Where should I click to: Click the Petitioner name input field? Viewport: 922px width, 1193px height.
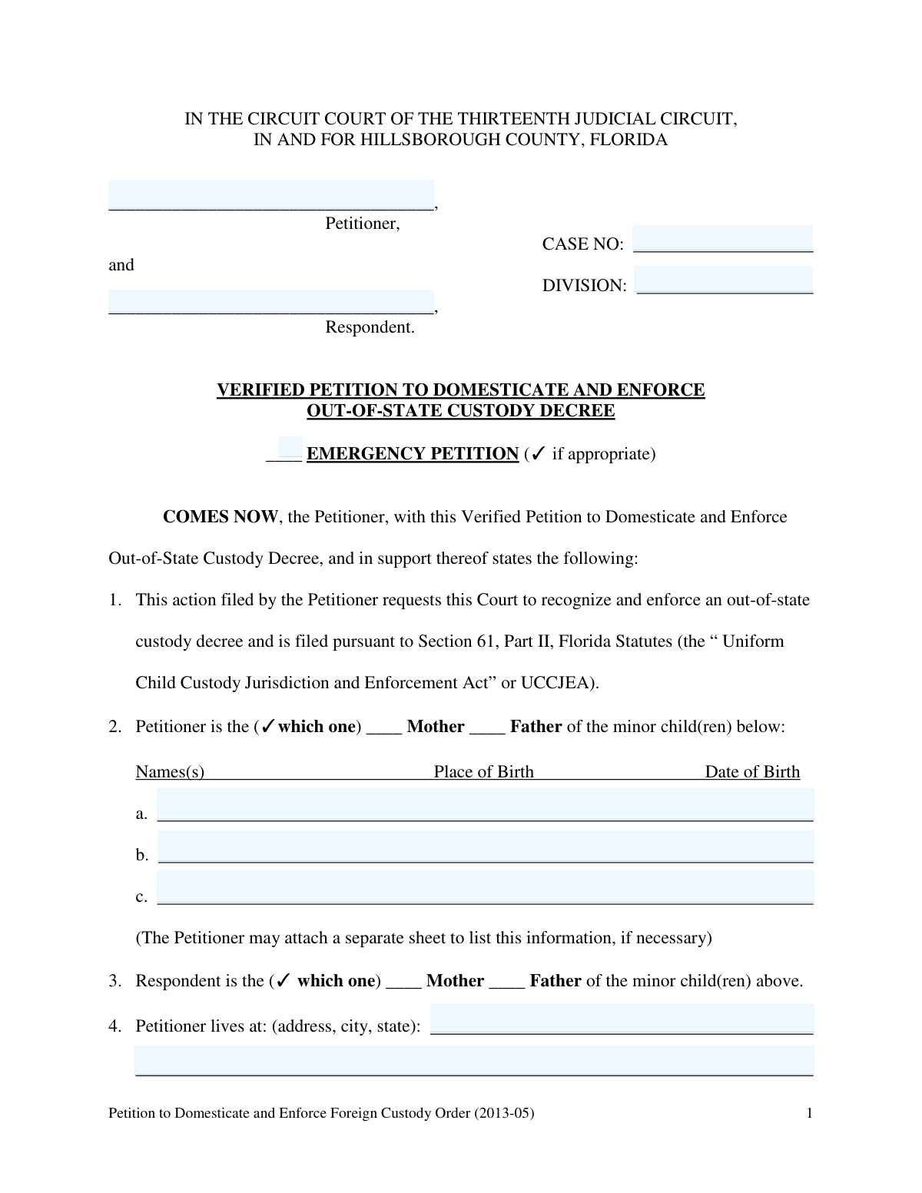point(271,195)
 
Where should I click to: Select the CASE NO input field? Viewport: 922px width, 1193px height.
point(722,239)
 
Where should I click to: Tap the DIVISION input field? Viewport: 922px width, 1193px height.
point(724,280)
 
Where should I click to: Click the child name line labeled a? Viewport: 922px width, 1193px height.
point(485,806)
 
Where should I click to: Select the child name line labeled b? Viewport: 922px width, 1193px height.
point(485,847)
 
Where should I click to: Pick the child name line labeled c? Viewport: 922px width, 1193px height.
point(485,889)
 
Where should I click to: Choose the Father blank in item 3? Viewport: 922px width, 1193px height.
point(507,982)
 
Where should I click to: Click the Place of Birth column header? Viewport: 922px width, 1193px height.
point(483,772)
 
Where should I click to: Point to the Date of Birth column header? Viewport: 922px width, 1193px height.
point(752,772)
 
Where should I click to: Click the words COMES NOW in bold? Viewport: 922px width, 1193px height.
point(220,517)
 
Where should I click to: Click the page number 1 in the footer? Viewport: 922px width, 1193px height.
point(809,1113)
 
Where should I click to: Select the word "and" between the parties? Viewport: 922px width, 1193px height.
point(121,265)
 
